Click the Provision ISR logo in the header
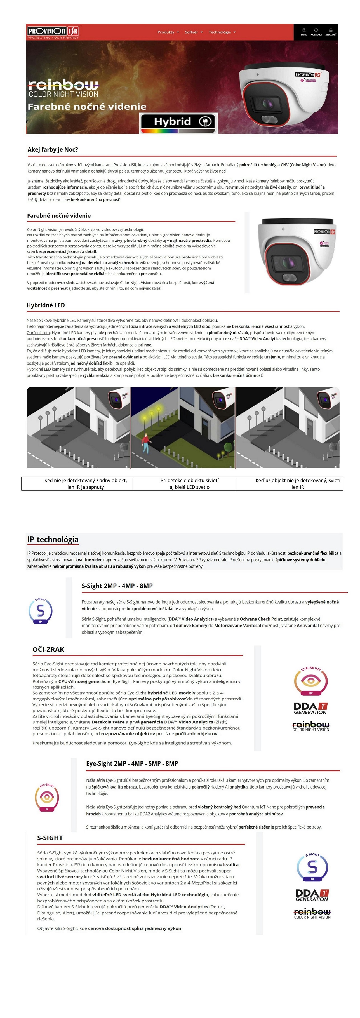tap(53, 32)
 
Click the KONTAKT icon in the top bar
tap(316, 32)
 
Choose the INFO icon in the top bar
tap(304, 32)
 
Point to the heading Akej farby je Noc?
tap(53, 149)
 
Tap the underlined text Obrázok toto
tap(38, 333)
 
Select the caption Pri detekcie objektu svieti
tap(189, 481)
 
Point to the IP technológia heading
tap(53, 539)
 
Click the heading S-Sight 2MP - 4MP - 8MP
tap(117, 586)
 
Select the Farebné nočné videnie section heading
tap(59, 215)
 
